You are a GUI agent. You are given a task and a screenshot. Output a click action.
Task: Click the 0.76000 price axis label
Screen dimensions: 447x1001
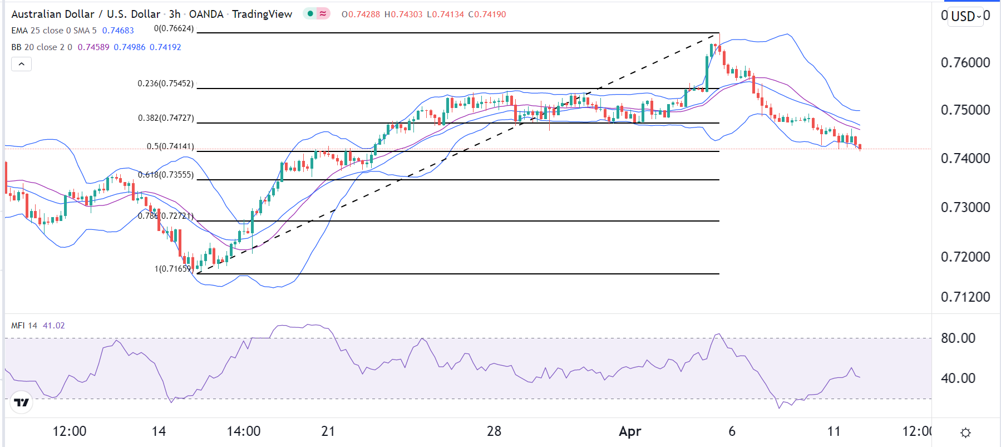965,62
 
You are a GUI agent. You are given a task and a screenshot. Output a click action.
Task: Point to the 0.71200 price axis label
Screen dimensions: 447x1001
965,297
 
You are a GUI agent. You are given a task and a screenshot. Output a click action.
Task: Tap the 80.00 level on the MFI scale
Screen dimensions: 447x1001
958,338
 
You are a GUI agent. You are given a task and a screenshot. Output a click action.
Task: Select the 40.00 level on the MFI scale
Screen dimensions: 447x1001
958,379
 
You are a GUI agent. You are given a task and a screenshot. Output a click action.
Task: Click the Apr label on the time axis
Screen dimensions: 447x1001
630,431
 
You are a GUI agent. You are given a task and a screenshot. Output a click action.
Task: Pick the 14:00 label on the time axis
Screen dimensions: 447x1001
244,431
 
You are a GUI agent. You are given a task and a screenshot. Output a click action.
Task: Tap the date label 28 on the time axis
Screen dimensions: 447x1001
494,431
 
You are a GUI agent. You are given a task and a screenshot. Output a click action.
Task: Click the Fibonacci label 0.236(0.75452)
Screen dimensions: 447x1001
166,83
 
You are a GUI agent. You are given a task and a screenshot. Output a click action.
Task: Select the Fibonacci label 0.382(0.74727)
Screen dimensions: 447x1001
166,118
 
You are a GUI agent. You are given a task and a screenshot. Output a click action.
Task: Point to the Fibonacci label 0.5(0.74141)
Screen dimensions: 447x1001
170,146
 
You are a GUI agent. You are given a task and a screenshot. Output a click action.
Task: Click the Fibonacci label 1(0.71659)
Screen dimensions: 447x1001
172,269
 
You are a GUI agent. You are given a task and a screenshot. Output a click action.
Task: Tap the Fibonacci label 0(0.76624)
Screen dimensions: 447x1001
174,28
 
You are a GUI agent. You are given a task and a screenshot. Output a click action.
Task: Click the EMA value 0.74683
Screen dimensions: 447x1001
118,31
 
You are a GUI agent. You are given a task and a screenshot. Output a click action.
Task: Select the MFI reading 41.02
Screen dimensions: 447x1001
53,326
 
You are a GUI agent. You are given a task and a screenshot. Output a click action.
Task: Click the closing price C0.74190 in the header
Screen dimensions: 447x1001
487,14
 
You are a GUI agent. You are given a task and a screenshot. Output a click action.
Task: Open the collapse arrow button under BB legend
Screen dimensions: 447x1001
21,64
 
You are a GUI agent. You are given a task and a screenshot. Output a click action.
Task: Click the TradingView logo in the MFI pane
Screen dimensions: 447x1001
22,402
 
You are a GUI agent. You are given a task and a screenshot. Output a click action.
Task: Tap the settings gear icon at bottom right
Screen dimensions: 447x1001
965,433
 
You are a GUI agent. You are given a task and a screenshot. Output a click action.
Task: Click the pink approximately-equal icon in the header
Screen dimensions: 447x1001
323,13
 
